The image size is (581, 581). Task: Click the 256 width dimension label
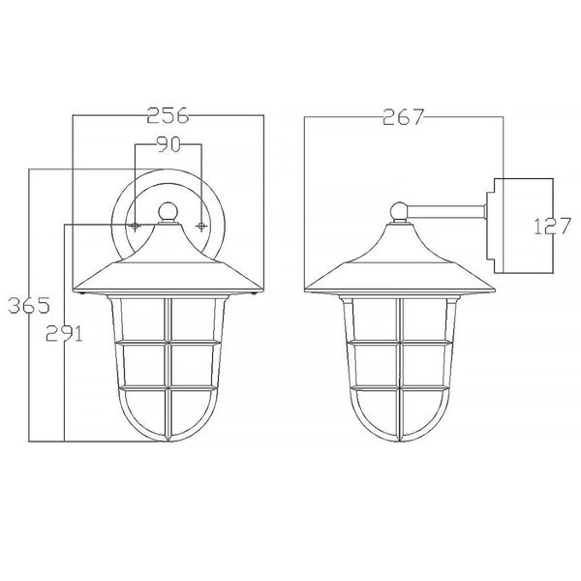point(168,116)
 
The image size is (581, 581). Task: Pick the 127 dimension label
point(552,227)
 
